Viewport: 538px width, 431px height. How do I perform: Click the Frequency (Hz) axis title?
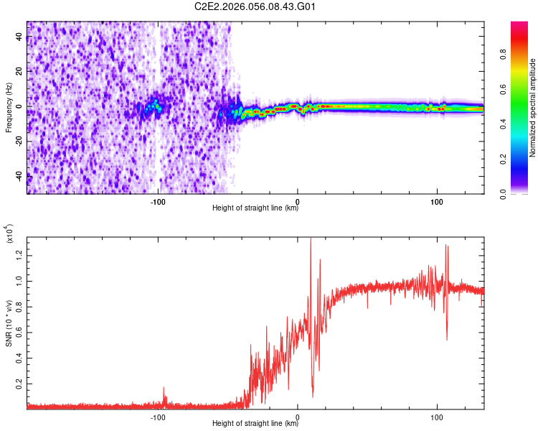point(9,108)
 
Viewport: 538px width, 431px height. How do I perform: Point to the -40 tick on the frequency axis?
point(17,175)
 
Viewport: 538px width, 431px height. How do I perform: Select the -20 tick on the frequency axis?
point(17,140)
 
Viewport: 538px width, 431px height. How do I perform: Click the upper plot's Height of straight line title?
point(255,209)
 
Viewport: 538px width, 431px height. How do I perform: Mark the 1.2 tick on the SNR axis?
point(19,254)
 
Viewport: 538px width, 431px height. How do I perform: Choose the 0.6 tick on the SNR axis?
point(19,332)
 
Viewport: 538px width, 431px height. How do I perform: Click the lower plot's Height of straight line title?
point(255,424)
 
